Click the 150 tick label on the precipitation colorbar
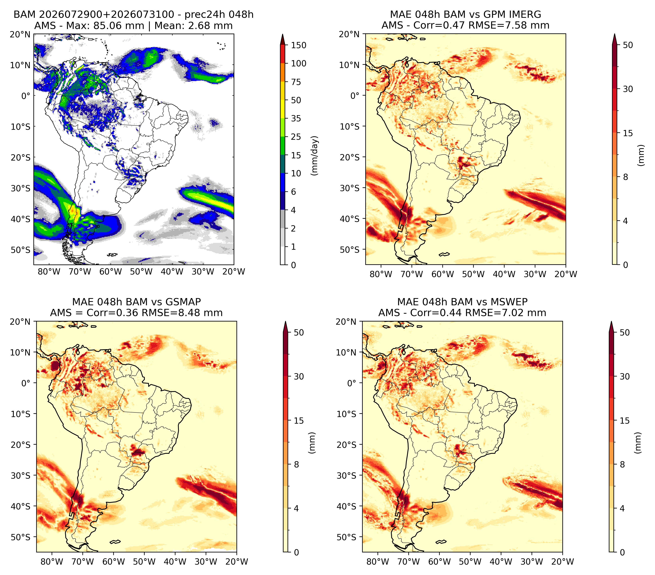(x=299, y=45)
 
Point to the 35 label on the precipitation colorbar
(x=296, y=118)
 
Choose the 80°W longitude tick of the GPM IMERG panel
(x=381, y=274)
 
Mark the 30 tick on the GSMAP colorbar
(x=299, y=376)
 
